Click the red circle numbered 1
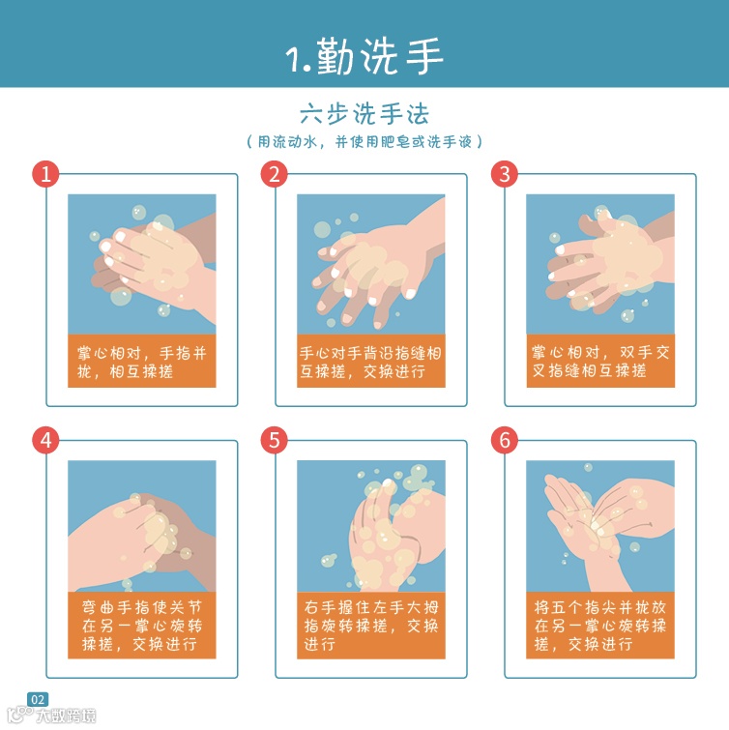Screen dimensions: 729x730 45,174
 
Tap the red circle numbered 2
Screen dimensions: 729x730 275,174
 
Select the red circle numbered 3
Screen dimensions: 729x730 505,174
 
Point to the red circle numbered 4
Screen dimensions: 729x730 45,440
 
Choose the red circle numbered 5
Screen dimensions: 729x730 275,440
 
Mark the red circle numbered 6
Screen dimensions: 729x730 505,440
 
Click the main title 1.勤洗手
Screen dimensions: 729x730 364,56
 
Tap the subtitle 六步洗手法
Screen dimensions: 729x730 364,114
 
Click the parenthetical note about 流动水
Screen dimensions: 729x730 364,141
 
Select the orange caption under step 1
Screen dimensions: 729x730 142,361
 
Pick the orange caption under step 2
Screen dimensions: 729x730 371,361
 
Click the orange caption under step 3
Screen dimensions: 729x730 600,361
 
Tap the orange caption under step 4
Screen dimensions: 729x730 142,626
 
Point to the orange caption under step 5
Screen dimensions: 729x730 371,626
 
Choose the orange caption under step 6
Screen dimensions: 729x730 600,626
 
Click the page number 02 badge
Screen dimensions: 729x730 38,699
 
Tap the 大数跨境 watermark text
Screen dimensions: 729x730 66,715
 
